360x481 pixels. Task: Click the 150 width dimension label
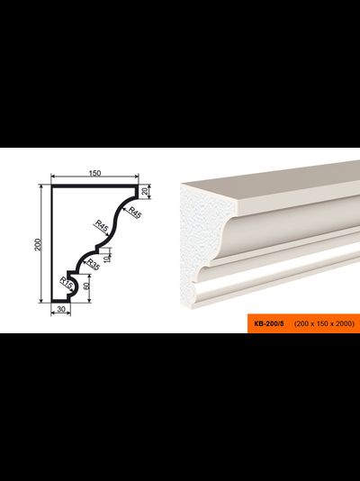click(x=94, y=173)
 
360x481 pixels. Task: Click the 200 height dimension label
click(x=38, y=244)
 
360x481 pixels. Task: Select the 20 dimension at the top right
click(x=145, y=191)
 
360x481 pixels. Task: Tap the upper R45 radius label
click(x=134, y=213)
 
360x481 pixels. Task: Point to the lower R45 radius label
click(x=102, y=226)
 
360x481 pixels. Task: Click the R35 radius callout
click(x=93, y=265)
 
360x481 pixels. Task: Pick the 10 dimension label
click(x=106, y=259)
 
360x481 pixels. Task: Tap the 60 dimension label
click(x=86, y=286)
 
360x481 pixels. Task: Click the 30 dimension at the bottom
click(x=61, y=309)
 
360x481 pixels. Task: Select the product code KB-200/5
click(x=269, y=323)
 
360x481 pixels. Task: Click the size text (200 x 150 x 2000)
click(x=324, y=323)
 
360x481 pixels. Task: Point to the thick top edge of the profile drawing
click(x=94, y=186)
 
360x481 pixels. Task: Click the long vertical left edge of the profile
click(x=52, y=243)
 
